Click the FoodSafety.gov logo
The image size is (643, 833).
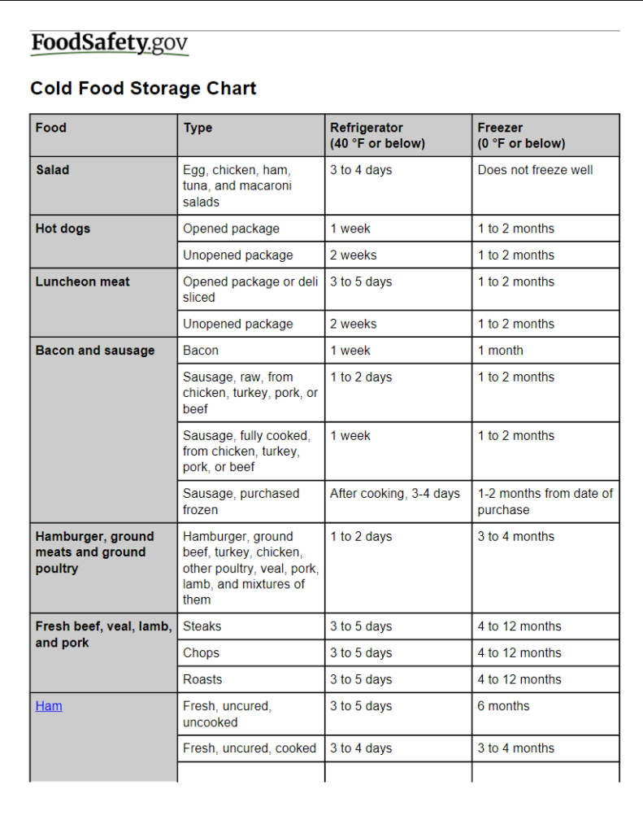(110, 44)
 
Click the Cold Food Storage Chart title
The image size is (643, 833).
(143, 89)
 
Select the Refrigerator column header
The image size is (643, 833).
(377, 135)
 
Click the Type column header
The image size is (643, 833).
(198, 128)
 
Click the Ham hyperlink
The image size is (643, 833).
(49, 706)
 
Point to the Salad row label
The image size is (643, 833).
(52, 170)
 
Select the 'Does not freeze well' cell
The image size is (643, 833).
(535, 170)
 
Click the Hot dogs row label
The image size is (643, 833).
(63, 229)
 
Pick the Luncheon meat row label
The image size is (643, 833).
(82, 281)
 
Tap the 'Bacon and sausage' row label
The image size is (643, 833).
(94, 351)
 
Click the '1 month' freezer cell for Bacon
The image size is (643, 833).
(500, 351)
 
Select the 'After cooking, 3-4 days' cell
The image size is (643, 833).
(394, 494)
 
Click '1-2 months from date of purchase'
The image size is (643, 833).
(545, 501)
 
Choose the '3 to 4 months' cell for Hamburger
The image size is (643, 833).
(515, 537)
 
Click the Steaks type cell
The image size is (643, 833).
(202, 626)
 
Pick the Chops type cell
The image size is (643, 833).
(201, 653)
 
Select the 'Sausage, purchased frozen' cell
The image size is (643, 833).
(241, 501)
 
